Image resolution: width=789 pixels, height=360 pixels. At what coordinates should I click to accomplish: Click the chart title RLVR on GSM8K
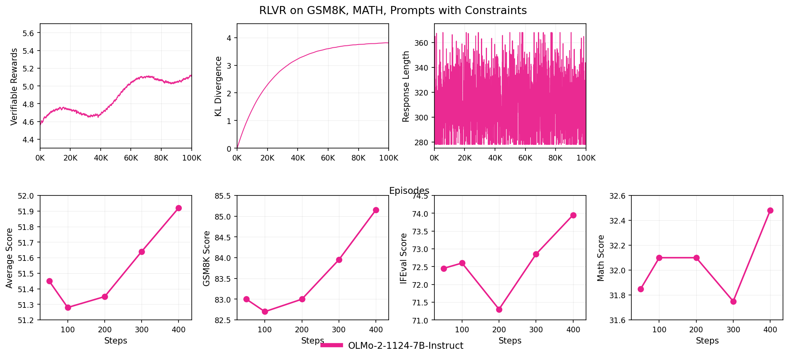click(393, 10)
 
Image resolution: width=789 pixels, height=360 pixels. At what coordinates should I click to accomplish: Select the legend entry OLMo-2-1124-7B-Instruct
click(405, 346)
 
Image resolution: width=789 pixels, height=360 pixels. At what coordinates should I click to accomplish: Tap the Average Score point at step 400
click(178, 208)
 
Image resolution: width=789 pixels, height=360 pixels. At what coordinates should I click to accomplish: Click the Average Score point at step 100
click(68, 307)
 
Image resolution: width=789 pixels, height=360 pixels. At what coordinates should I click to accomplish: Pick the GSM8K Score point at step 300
click(339, 260)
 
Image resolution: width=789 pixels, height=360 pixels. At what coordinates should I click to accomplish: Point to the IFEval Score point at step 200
click(499, 309)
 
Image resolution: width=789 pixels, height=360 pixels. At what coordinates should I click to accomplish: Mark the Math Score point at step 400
click(770, 210)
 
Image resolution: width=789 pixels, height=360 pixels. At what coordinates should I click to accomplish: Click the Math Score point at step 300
click(733, 301)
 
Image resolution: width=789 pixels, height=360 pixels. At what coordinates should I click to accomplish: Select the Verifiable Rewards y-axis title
click(14, 87)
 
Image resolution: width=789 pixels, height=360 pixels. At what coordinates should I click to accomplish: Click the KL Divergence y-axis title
click(219, 86)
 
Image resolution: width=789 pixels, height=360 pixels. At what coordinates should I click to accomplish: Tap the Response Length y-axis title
click(406, 86)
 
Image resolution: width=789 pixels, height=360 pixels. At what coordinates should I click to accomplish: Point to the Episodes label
click(409, 191)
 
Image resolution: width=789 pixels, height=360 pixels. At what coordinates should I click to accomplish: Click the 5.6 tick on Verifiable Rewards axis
click(28, 33)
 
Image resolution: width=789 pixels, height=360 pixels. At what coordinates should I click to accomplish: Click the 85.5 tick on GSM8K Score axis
click(223, 196)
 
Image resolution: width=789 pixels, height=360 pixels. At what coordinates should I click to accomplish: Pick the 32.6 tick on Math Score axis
click(617, 196)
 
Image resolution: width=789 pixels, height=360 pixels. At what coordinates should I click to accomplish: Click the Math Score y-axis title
click(601, 258)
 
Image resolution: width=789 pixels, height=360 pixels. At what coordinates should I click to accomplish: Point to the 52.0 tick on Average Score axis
click(26, 196)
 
